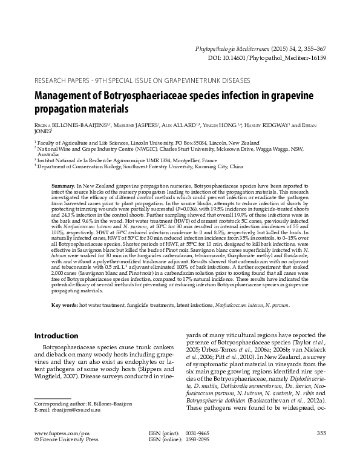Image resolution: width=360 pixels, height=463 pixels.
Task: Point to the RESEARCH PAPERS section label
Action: coord(67,79)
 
